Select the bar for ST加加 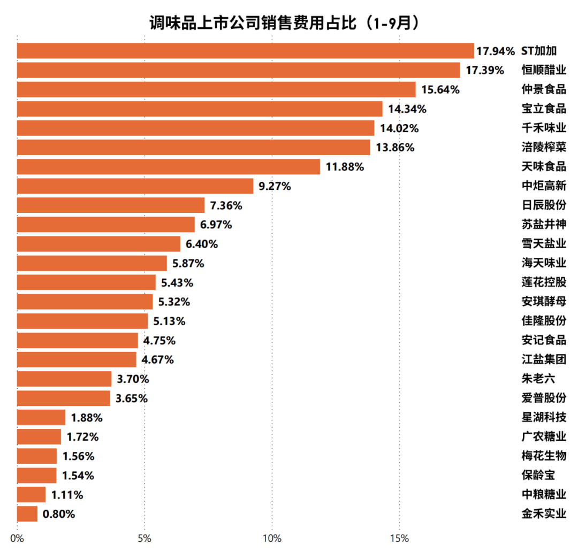245,51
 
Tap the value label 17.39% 485,70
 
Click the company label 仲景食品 544,89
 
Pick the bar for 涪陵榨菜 193,147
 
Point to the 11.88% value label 345,166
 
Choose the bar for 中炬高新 135,186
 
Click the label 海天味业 544,263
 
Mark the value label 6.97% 216,225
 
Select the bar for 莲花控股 86,282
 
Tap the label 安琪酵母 544,302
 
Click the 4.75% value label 159,340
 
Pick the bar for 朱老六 64,379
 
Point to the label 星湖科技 544,418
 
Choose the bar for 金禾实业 27,514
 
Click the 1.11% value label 67,495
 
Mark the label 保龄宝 538,475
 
